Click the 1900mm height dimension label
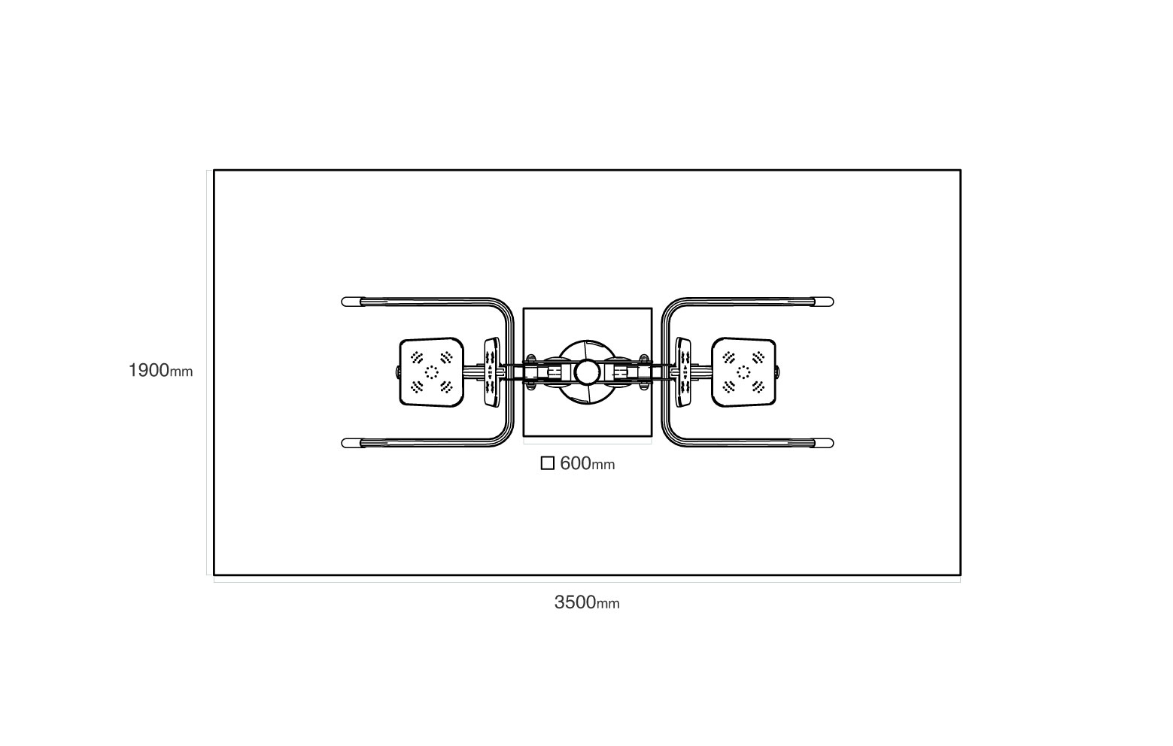(161, 371)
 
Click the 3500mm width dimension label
(587, 602)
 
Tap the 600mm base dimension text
(588, 463)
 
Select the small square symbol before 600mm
(547, 463)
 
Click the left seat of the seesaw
(431, 372)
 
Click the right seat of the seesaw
(743, 372)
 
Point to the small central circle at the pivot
(587, 372)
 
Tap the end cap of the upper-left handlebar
(351, 302)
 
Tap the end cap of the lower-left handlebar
(351, 444)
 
